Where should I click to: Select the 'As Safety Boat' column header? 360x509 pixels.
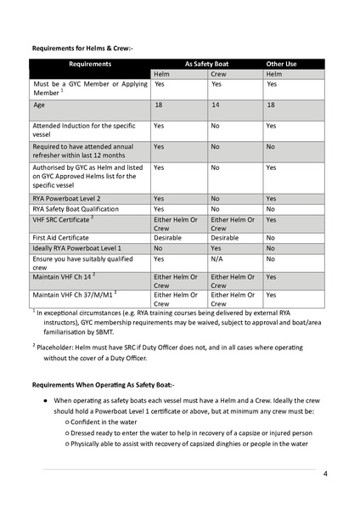[x=209, y=64]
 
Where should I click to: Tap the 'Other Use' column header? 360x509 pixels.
[x=281, y=64]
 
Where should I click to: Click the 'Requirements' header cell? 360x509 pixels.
[x=90, y=64]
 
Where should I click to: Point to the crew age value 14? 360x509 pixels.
[x=215, y=105]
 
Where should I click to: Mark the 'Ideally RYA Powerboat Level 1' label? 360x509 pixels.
[x=78, y=248]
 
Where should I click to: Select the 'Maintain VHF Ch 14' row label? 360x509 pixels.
[x=70, y=278]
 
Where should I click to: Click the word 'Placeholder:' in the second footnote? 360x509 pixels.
[x=56, y=347]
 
